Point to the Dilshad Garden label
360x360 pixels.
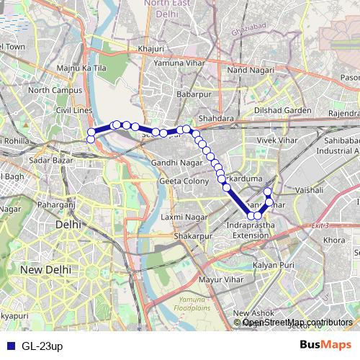[x=282, y=110]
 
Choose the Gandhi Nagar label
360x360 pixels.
[x=176, y=163]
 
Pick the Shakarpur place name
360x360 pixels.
[x=192, y=235]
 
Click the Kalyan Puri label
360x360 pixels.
[x=277, y=265]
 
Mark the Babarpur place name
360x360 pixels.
[x=193, y=94]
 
